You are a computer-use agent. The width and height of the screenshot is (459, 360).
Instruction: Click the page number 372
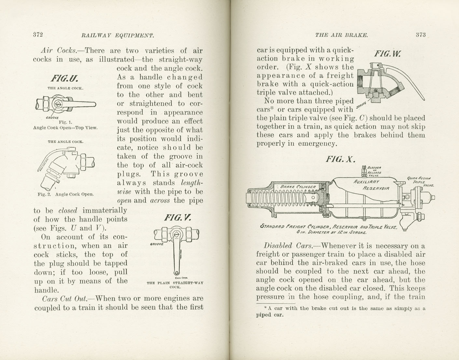click(x=38, y=35)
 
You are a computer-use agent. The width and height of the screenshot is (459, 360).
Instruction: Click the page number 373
click(x=421, y=35)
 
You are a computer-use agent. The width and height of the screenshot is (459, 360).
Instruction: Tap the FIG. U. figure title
click(x=64, y=79)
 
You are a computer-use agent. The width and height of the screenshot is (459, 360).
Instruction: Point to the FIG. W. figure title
click(x=387, y=54)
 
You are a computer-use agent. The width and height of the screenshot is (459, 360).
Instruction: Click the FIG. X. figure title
click(x=340, y=159)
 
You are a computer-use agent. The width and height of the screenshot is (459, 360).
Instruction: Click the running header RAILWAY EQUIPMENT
click(x=118, y=35)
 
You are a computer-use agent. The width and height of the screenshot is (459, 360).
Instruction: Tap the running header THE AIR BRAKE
click(x=341, y=35)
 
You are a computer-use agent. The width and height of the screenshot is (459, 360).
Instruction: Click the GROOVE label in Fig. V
click(x=157, y=244)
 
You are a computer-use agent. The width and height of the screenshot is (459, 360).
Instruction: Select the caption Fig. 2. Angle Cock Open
click(x=65, y=194)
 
